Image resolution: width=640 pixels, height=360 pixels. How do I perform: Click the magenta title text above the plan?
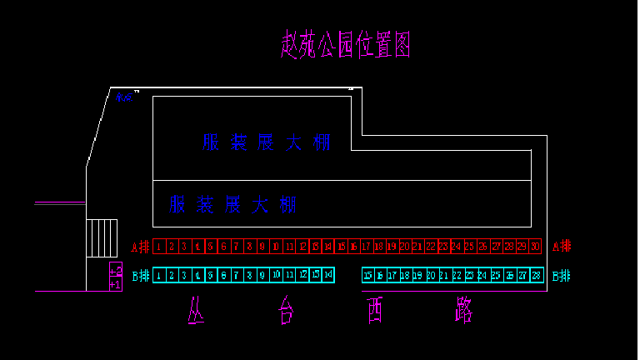point(345,45)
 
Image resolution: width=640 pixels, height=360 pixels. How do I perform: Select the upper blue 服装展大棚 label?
point(266,142)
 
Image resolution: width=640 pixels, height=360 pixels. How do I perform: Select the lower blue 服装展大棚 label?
point(233,204)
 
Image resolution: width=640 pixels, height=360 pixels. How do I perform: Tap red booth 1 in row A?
point(158,246)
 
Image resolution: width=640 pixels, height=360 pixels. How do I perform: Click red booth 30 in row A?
point(535,246)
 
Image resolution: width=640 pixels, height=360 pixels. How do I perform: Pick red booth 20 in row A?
point(405,246)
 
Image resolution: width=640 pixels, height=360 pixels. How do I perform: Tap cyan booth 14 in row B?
point(328,275)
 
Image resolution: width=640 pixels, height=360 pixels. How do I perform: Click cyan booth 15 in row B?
point(367,275)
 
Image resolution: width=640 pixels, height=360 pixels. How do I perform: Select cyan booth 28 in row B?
point(536,275)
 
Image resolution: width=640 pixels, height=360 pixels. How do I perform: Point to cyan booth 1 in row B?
point(158,275)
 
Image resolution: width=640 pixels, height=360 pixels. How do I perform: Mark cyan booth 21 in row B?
point(444,275)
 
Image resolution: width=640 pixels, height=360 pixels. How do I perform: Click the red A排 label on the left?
point(140,247)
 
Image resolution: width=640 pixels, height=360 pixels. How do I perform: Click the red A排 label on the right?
point(562,246)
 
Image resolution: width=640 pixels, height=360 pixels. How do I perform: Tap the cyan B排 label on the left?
point(140,276)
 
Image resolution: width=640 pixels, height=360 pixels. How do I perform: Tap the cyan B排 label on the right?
point(562,276)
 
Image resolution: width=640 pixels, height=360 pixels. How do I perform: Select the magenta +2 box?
point(116,270)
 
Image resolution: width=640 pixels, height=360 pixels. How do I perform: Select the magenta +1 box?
point(116,284)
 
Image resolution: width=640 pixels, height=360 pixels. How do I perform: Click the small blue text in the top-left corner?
point(125,97)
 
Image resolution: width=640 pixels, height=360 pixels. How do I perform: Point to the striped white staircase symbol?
point(102,237)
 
